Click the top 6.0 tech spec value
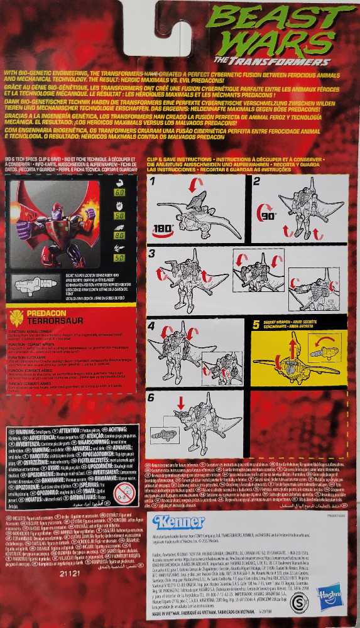pos(119,192)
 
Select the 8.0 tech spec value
pos(119,236)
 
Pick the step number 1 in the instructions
pos(153,182)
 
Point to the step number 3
pos(153,253)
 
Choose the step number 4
pos(153,326)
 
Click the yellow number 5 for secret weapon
pos(256,325)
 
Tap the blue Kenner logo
pos(178,522)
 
